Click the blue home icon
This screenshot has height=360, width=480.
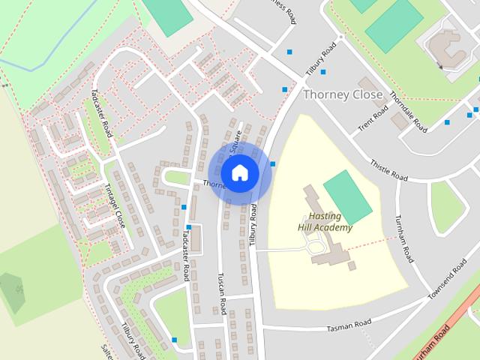click(x=238, y=172)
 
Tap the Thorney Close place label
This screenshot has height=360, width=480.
click(x=343, y=94)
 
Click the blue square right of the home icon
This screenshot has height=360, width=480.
click(x=273, y=163)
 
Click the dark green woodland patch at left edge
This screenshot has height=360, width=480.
click(x=11, y=291)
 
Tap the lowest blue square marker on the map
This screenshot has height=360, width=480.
click(x=174, y=340)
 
